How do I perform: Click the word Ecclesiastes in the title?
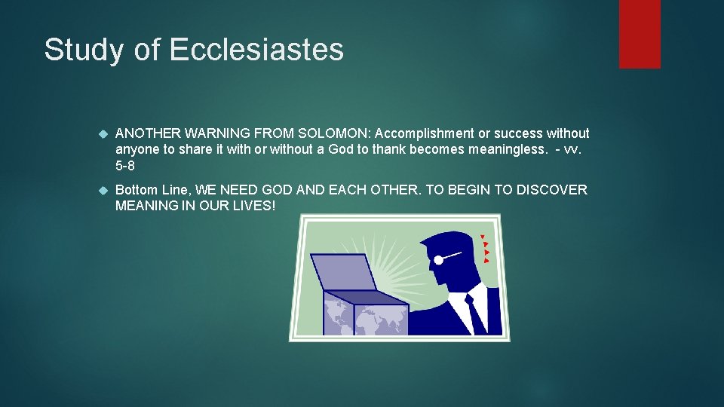click(x=256, y=50)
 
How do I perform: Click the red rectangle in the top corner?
click(x=640, y=34)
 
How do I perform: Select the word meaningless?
click(x=507, y=149)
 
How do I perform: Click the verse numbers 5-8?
click(x=125, y=165)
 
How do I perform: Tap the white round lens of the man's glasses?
click(x=438, y=260)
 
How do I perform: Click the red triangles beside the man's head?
click(x=485, y=249)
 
